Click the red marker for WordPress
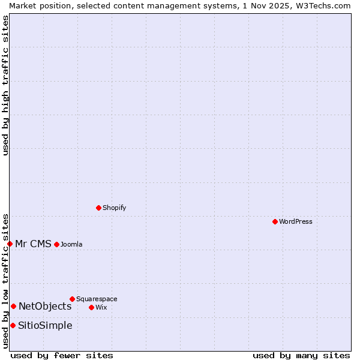(275, 221)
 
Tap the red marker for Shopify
(98, 208)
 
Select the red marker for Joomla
(56, 244)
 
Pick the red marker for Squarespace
(72, 299)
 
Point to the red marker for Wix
(91, 307)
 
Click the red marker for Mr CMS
(10, 244)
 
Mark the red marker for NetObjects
(13, 306)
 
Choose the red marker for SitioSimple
(13, 325)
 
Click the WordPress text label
(296, 221)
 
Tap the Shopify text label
(114, 208)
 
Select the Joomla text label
(71, 244)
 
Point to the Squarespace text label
(97, 299)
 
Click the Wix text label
(101, 307)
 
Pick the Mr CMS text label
(33, 244)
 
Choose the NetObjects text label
(45, 306)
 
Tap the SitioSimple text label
(45, 325)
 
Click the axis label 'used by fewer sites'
(62, 355)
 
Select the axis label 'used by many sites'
(301, 355)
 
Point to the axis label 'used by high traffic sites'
(5, 85)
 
